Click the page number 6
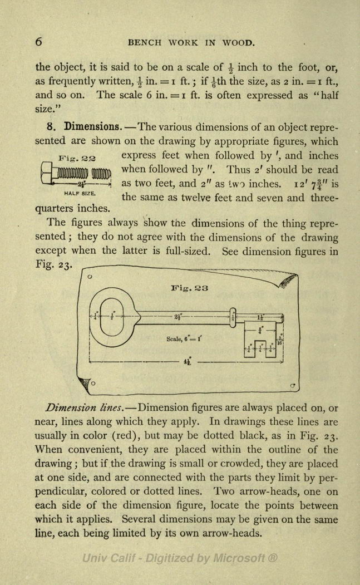[38, 41]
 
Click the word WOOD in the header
[239, 43]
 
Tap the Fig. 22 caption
[77, 158]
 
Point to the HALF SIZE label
[80, 193]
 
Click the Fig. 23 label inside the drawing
[190, 288]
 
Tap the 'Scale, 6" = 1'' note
[184, 339]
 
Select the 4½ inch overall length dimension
[187, 361]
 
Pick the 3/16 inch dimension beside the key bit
[280, 340]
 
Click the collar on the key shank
[233, 317]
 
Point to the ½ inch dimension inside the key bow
[112, 316]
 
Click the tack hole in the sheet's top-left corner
[90, 277]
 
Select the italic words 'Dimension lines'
[85, 408]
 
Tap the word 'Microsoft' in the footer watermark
[239, 558]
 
